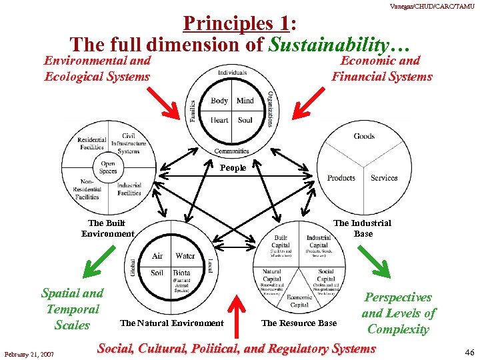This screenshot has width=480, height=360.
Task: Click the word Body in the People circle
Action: [219, 101]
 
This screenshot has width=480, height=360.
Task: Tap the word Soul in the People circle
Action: [245, 121]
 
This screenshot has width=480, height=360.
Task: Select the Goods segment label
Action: [364, 136]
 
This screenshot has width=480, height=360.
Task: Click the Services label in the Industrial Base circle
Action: [384, 178]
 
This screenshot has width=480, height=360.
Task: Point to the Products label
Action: [341, 178]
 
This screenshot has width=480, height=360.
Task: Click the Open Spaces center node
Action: [108, 167]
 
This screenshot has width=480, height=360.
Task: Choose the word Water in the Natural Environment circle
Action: [185, 256]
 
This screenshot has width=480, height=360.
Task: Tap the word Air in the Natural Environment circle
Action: [157, 256]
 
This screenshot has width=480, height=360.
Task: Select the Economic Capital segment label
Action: [300, 301]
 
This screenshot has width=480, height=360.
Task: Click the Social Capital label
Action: [325, 275]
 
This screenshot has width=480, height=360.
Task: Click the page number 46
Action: [469, 353]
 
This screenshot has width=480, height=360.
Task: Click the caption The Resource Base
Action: [299, 323]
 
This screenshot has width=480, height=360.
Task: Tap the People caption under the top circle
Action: [233, 168]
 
